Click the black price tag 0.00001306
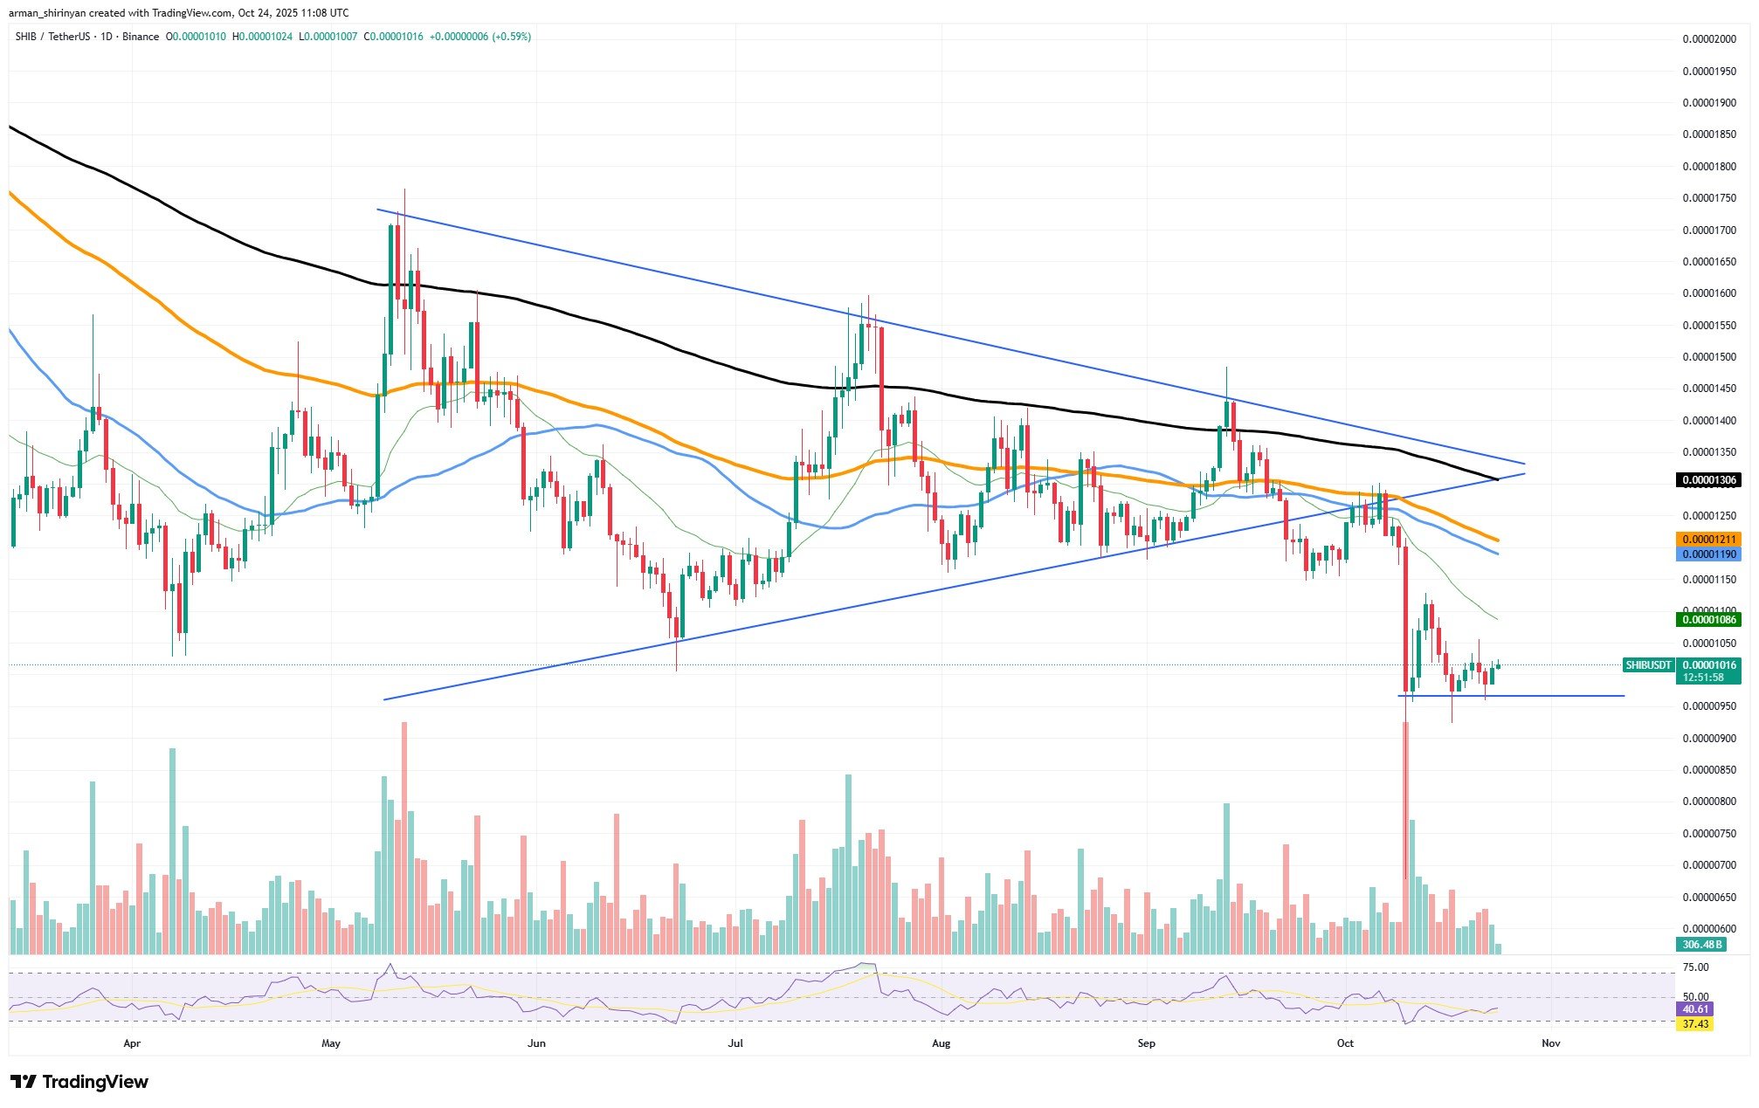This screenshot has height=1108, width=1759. [1707, 480]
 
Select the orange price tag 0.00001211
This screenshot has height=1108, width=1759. [1707, 540]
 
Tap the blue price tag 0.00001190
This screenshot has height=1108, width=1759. [1707, 554]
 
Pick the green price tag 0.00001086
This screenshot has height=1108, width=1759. [1707, 620]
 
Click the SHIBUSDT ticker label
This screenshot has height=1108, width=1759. [1648, 665]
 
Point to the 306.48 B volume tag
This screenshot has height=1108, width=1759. [1699, 944]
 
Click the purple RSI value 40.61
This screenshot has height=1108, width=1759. [1695, 1008]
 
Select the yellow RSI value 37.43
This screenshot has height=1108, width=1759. [1695, 1023]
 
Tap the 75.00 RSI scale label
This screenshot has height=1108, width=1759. [1695, 967]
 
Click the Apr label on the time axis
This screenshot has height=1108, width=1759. [132, 1043]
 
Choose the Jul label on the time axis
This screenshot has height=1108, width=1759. [736, 1043]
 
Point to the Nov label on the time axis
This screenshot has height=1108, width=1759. [1550, 1043]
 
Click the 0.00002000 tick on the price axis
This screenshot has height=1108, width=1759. [1709, 39]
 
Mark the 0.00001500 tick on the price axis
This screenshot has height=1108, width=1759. [1709, 357]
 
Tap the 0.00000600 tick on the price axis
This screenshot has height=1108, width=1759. [1709, 929]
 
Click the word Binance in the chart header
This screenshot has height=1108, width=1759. [141, 37]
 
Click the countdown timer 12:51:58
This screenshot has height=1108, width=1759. [1703, 678]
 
